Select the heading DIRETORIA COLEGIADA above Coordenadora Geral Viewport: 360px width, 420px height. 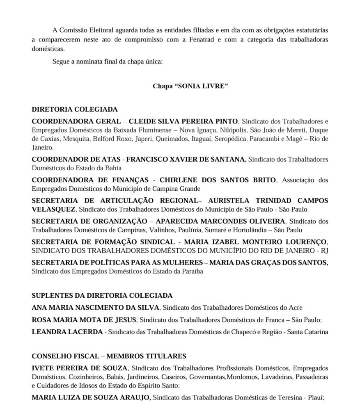pos(74,110)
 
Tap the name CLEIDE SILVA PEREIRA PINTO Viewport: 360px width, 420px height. pos(183,121)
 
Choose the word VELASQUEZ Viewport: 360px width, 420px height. pos(53,209)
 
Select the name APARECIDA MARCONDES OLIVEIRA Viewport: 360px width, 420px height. pos(220,221)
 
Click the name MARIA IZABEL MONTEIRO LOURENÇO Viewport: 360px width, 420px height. pos(256,242)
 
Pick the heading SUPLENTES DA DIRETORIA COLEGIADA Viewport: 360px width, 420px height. pos(102,295)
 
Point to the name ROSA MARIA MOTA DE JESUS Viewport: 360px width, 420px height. pos(84,320)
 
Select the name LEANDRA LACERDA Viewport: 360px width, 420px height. pos(67,332)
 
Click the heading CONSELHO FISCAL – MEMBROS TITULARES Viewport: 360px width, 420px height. pos(109,356)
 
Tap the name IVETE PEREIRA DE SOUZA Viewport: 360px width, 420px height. pos(80,368)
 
